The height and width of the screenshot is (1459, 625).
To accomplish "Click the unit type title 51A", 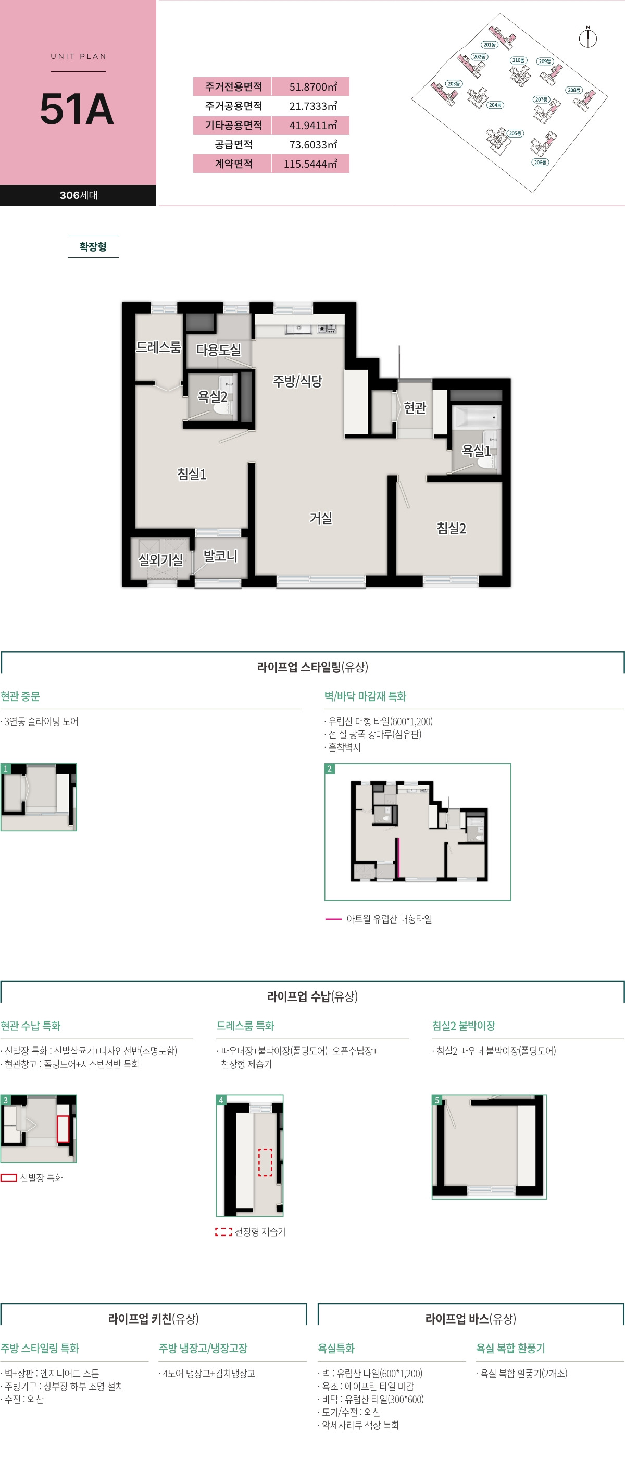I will coord(77,109).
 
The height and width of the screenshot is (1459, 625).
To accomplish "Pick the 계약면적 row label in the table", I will coord(233,164).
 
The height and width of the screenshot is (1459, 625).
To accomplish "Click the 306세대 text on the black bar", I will coord(78,195).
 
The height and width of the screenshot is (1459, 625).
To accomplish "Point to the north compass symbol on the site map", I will coord(587,39).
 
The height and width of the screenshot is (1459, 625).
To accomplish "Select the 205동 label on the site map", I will coord(515,134).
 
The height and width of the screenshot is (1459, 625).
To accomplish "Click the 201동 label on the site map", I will coord(489,45).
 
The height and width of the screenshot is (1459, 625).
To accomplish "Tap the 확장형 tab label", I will coord(93,247).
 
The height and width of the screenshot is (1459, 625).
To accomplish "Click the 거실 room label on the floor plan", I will coord(320,518).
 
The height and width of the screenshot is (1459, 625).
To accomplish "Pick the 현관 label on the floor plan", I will coord(415,407).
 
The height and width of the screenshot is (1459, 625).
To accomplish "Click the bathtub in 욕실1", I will coord(476,418).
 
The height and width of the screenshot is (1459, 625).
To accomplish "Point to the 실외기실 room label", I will coord(161,560).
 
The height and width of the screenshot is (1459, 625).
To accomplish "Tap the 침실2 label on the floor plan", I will coord(451,528).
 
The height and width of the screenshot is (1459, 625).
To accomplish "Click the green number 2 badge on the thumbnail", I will coord(330,769).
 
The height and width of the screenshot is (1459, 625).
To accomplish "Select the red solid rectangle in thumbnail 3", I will coord(63,1129).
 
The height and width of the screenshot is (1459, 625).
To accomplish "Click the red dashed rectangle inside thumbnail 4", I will coord(265,1162).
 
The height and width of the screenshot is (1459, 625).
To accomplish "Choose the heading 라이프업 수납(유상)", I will coord(312,996).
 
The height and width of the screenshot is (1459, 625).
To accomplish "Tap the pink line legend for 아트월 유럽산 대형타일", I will coord(333,919).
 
